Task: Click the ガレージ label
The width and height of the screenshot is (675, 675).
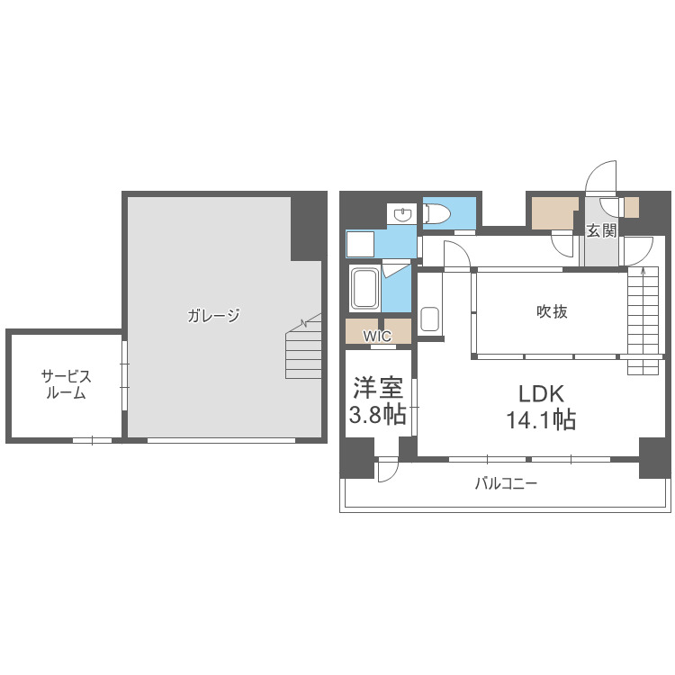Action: (213, 316)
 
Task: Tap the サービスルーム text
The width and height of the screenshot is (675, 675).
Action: (67, 384)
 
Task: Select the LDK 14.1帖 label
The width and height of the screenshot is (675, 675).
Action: (541, 407)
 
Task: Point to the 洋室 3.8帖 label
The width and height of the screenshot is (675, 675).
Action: (377, 400)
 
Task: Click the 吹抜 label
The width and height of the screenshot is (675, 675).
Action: (552, 311)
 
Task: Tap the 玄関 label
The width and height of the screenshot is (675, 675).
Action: (602, 231)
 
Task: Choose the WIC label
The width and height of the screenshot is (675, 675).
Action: (377, 336)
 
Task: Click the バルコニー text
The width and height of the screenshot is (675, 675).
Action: (506, 484)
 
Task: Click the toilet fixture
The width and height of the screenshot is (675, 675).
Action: (436, 213)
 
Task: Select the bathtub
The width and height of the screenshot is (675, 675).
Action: (365, 288)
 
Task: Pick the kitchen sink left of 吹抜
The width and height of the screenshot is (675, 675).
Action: (429, 319)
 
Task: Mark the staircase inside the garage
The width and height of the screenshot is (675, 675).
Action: (303, 346)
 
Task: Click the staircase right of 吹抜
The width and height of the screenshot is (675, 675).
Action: (643, 320)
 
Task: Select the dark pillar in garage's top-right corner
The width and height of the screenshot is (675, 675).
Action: (309, 227)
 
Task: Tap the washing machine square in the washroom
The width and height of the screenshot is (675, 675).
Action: (360, 244)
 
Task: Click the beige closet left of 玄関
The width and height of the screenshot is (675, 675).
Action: (554, 213)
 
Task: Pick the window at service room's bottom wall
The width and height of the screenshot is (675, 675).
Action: (92, 440)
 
